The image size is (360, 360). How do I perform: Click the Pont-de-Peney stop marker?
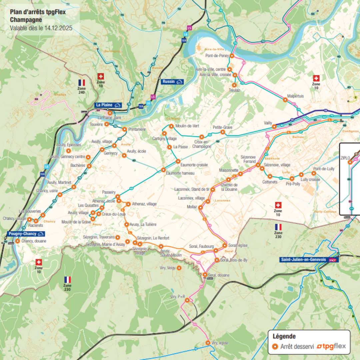coord(232,56)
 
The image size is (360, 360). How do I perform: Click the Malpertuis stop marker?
coord(285,100)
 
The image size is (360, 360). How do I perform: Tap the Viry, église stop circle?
coord(208,343)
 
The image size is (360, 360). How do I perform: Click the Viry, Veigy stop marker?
coord(179,268)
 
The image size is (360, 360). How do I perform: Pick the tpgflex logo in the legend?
coord(331,346)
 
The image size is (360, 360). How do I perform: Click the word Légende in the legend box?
coord(284,336)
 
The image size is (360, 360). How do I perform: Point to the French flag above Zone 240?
coord(82,82)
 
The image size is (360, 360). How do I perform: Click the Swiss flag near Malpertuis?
coord(316,78)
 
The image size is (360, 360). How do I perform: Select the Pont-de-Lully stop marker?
coord(314,173)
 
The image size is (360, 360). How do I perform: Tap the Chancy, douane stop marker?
coord(17,241)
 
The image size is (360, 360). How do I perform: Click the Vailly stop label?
coord(268,123)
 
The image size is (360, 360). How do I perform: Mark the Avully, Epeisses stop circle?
coord(68,151)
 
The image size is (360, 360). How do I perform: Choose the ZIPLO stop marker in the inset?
coord(350,162)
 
